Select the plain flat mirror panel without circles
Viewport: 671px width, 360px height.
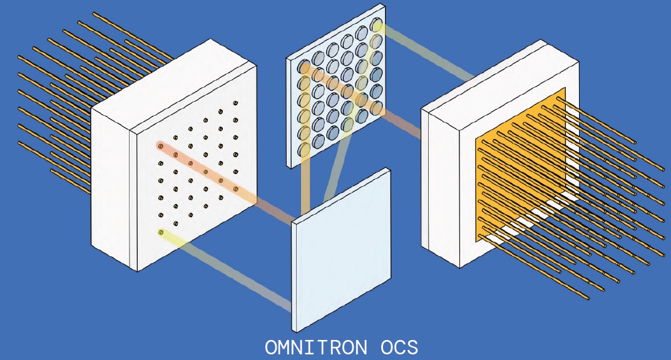pos(341,250)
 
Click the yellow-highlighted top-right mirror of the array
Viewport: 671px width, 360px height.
pos(376,25)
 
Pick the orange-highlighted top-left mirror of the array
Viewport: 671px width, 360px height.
pos(304,66)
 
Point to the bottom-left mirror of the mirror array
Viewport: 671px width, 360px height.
pos(304,149)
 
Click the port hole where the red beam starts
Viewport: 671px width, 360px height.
pos(160,147)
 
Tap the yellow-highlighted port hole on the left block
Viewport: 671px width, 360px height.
pos(161,233)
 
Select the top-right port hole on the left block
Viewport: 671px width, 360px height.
pos(235,103)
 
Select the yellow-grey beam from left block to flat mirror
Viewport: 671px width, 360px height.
pos(232,272)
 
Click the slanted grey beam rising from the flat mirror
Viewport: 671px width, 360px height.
pos(335,169)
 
